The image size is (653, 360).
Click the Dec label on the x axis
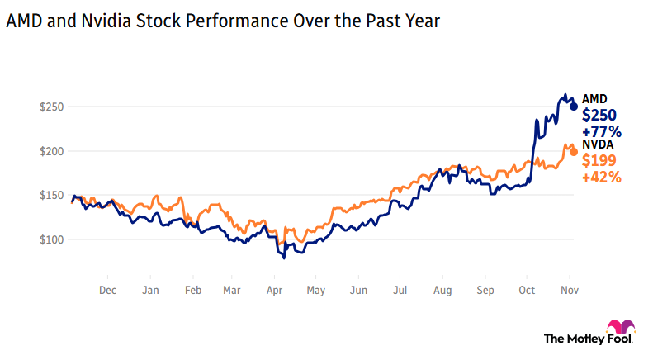(x=107, y=291)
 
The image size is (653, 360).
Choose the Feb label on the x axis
(x=192, y=291)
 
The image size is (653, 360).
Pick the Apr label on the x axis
(x=273, y=291)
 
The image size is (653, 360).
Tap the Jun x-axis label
(x=358, y=291)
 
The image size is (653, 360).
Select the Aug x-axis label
(x=442, y=291)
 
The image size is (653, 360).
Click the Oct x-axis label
(x=528, y=291)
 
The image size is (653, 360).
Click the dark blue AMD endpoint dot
(x=574, y=106)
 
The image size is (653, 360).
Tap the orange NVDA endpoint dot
(x=574, y=151)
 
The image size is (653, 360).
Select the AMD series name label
(x=594, y=99)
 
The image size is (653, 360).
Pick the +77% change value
(x=602, y=131)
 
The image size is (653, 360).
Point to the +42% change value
(x=602, y=176)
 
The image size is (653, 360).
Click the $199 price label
(x=599, y=160)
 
